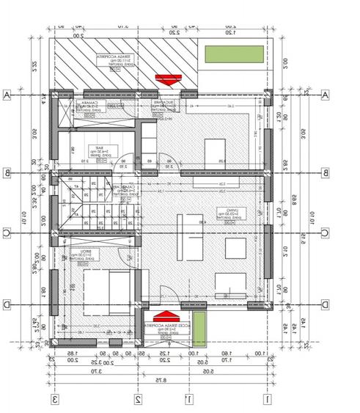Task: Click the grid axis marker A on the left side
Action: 7,95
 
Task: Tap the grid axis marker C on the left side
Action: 7,233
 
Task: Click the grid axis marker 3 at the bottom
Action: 54,399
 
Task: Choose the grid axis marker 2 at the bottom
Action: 137,399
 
